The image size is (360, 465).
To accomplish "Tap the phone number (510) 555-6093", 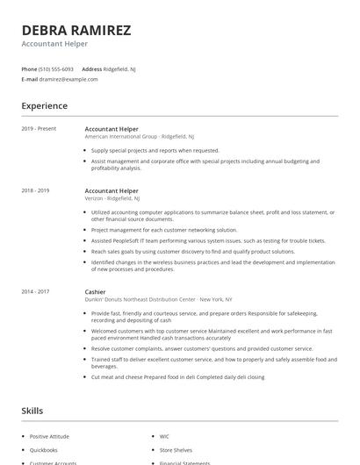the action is [57, 68].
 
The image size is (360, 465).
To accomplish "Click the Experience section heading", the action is [44, 106].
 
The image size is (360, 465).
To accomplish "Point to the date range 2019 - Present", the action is [39, 129].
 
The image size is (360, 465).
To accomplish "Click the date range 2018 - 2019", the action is [35, 190].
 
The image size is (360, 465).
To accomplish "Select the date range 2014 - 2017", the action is [35, 291].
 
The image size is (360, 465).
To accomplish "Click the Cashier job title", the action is [95, 291].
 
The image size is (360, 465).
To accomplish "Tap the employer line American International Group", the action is [140, 137].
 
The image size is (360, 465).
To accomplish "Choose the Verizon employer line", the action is [112, 198].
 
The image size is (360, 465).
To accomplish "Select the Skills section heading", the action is [32, 411].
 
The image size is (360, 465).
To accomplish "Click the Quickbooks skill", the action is [45, 449].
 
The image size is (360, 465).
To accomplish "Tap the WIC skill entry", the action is [164, 436].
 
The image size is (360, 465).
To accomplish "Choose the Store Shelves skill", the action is [176, 449].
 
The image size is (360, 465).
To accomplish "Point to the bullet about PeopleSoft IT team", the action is [207, 240].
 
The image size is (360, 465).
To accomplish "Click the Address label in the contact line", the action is [91, 68].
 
